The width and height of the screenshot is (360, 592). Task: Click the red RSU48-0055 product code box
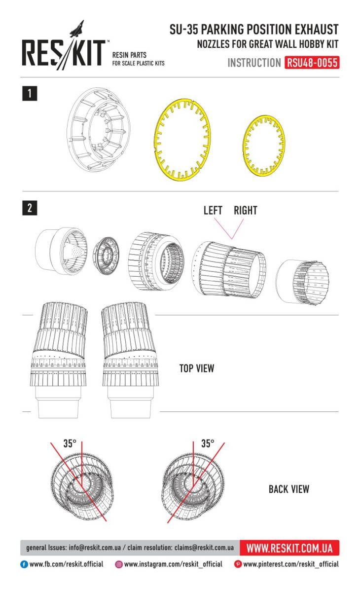tap(312, 63)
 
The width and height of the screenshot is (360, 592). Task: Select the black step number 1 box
tap(30, 93)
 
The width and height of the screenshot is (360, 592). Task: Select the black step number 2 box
tap(30, 208)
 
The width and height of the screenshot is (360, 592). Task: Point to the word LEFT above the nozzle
tap(213, 210)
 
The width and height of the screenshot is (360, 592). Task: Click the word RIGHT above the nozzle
tap(246, 210)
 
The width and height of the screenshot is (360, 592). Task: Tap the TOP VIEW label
tap(197, 369)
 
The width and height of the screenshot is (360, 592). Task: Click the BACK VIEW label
tap(289, 489)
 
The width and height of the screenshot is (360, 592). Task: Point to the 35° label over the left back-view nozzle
tap(70, 443)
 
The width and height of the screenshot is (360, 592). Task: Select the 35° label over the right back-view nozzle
tap(208, 443)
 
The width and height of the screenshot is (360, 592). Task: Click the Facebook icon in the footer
tap(24, 564)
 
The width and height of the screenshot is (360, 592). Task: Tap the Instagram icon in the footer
tap(119, 564)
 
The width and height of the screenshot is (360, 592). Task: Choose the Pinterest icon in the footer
tap(238, 564)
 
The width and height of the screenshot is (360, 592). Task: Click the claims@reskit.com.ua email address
tap(204, 548)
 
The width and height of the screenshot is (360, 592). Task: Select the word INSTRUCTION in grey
tap(254, 63)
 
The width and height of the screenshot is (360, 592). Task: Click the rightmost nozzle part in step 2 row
tap(302, 282)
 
